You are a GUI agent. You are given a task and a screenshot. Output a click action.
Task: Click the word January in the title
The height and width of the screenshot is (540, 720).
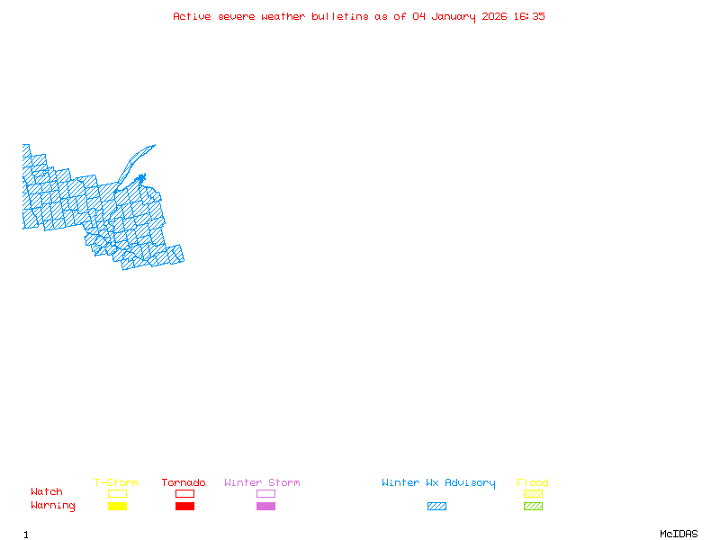450,16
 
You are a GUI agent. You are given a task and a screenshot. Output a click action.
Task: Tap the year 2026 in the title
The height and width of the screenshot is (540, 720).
494,16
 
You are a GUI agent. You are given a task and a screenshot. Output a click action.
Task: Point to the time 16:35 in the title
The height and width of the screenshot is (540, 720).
530,16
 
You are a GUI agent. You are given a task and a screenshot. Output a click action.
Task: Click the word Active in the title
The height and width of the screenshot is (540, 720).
192,16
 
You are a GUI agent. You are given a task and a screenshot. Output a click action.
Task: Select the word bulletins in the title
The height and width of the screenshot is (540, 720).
340,16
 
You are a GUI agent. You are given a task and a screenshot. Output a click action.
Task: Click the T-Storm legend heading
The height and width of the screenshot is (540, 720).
116,483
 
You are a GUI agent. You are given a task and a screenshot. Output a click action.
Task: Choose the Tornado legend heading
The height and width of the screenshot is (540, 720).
184,483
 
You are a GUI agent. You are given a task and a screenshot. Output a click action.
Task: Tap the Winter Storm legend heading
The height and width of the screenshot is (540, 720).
262,483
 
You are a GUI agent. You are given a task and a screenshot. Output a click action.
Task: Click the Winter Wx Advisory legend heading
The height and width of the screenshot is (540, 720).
438,483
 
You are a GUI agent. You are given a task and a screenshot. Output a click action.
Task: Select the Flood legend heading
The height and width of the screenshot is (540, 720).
533,483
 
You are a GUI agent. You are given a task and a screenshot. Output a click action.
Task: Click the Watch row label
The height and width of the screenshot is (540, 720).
47,492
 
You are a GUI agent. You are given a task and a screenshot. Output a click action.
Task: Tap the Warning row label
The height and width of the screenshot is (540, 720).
53,506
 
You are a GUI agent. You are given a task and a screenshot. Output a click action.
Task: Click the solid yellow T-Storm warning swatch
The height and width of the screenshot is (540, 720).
117,506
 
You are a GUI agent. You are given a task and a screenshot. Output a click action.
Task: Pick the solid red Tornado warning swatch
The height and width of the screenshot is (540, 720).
184,506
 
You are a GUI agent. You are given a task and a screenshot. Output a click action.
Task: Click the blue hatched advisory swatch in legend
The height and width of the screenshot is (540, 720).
436,506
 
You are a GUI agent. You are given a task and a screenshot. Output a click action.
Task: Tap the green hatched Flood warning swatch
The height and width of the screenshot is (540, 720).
533,506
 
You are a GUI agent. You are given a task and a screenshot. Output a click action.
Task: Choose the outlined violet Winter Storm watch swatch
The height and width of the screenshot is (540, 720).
265,493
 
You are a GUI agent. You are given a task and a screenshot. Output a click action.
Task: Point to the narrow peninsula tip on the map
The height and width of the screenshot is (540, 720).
154,145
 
